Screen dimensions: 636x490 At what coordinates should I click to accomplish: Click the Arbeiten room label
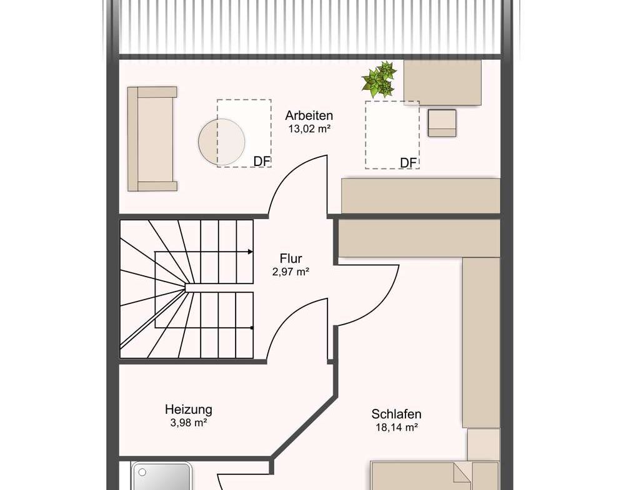[x=309, y=115]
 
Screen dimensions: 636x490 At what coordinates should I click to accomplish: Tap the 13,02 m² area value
[x=309, y=129]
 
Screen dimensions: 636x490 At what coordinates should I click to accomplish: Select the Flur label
[x=291, y=258]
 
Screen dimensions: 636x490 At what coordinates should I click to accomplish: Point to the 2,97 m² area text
[x=291, y=272]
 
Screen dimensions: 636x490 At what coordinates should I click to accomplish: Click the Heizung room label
[x=188, y=409]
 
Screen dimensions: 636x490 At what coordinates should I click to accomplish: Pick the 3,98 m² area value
[x=189, y=423]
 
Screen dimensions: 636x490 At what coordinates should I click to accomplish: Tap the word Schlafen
[x=396, y=414]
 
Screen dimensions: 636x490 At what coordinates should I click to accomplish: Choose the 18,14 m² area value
[x=397, y=427]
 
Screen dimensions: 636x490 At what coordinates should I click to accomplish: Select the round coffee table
[x=221, y=142]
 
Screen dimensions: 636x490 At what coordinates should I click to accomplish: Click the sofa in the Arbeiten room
[x=152, y=139]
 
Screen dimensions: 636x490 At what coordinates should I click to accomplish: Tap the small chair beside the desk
[x=442, y=123]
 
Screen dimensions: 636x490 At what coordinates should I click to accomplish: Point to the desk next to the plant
[x=442, y=82]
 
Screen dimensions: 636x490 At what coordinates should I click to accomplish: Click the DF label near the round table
[x=262, y=161]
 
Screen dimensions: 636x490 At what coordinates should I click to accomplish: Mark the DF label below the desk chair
[x=409, y=162]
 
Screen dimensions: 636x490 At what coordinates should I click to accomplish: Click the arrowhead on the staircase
[x=251, y=252]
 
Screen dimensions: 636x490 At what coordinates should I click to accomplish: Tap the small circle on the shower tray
[x=142, y=472]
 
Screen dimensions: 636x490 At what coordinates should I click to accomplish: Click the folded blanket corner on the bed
[x=462, y=474]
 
